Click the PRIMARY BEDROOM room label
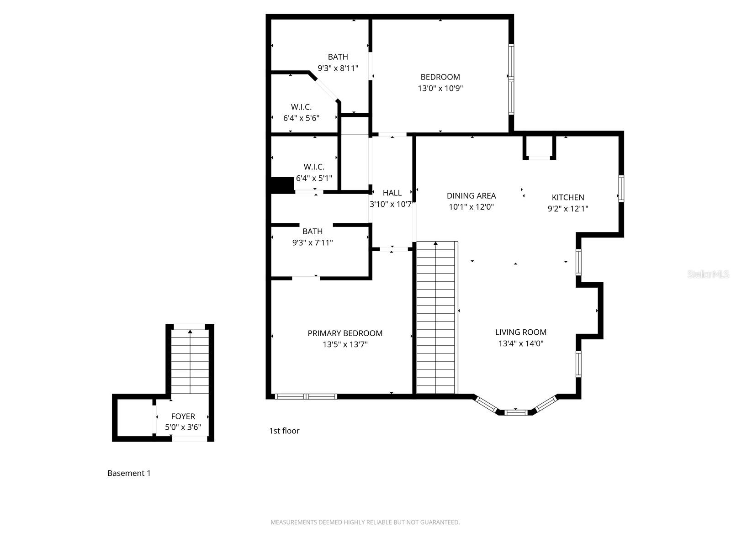[344, 333]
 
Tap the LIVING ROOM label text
[520, 332]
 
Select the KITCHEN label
[568, 197]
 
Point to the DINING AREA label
[471, 195]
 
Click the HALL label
[392, 193]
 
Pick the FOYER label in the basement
[183, 416]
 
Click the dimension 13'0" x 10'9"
[440, 88]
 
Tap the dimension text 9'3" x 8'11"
[338, 68]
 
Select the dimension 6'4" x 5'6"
[301, 118]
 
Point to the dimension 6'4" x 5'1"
[314, 178]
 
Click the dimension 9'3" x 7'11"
[313, 242]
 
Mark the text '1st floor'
[284, 431]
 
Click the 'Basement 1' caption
[129, 473]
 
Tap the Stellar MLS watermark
[708, 274]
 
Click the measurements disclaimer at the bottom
[365, 522]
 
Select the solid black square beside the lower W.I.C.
[282, 185]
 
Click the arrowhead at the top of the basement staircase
[190, 332]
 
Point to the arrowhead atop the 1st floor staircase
[435, 243]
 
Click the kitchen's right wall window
[621, 189]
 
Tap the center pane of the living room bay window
[515, 412]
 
